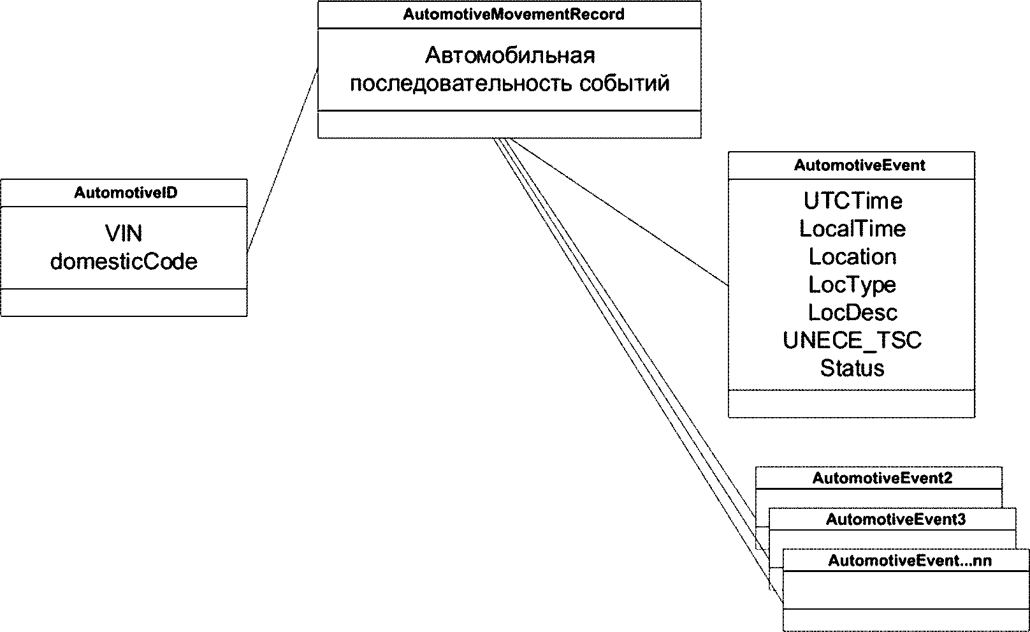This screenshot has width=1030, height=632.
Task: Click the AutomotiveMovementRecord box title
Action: click(x=513, y=15)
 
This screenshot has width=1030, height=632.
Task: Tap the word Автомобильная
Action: click(x=510, y=55)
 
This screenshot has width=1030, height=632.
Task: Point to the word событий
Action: click(x=625, y=84)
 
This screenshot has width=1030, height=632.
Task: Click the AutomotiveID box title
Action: click(x=126, y=193)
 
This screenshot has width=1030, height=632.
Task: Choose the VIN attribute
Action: click(x=124, y=233)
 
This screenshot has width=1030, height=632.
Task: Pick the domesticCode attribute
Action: click(x=124, y=261)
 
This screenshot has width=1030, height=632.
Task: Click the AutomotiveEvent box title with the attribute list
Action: click(x=859, y=165)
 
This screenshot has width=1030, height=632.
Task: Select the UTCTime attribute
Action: click(x=853, y=201)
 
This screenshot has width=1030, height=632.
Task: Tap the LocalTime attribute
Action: click(x=853, y=228)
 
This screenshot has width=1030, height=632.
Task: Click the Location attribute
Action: click(x=853, y=256)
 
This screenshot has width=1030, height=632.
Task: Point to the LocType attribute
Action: click(x=853, y=284)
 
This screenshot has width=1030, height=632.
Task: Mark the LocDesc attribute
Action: click(x=853, y=312)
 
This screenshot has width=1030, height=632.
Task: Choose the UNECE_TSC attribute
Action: click(x=853, y=340)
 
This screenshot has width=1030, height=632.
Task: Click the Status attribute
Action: click(x=853, y=368)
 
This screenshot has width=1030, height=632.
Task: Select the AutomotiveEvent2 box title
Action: click(x=882, y=478)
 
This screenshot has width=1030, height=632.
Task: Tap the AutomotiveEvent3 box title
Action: click(x=896, y=519)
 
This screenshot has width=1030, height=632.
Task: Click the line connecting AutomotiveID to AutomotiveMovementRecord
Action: click(x=282, y=159)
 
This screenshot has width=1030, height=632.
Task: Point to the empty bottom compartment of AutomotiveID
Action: click(x=124, y=302)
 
